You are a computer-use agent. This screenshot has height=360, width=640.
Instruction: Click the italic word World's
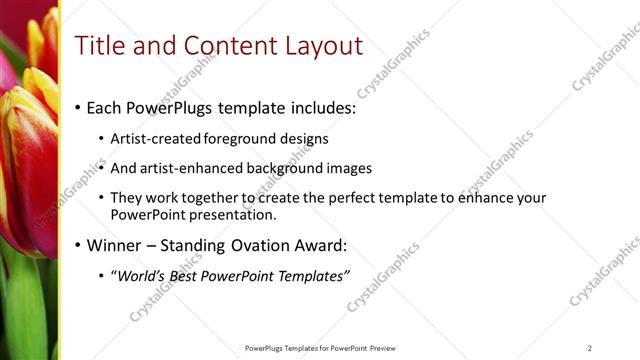139,276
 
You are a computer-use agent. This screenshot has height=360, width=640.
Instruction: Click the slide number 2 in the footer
590,348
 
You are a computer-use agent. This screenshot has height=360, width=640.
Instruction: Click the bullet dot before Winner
78,246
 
